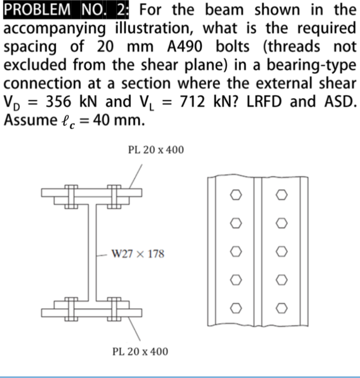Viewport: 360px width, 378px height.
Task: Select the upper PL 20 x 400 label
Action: pos(156,150)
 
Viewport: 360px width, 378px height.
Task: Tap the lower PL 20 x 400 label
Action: pos(140,351)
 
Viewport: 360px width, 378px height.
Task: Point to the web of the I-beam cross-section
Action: pos(91,251)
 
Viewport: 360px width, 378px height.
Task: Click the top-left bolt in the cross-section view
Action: pos(69,195)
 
